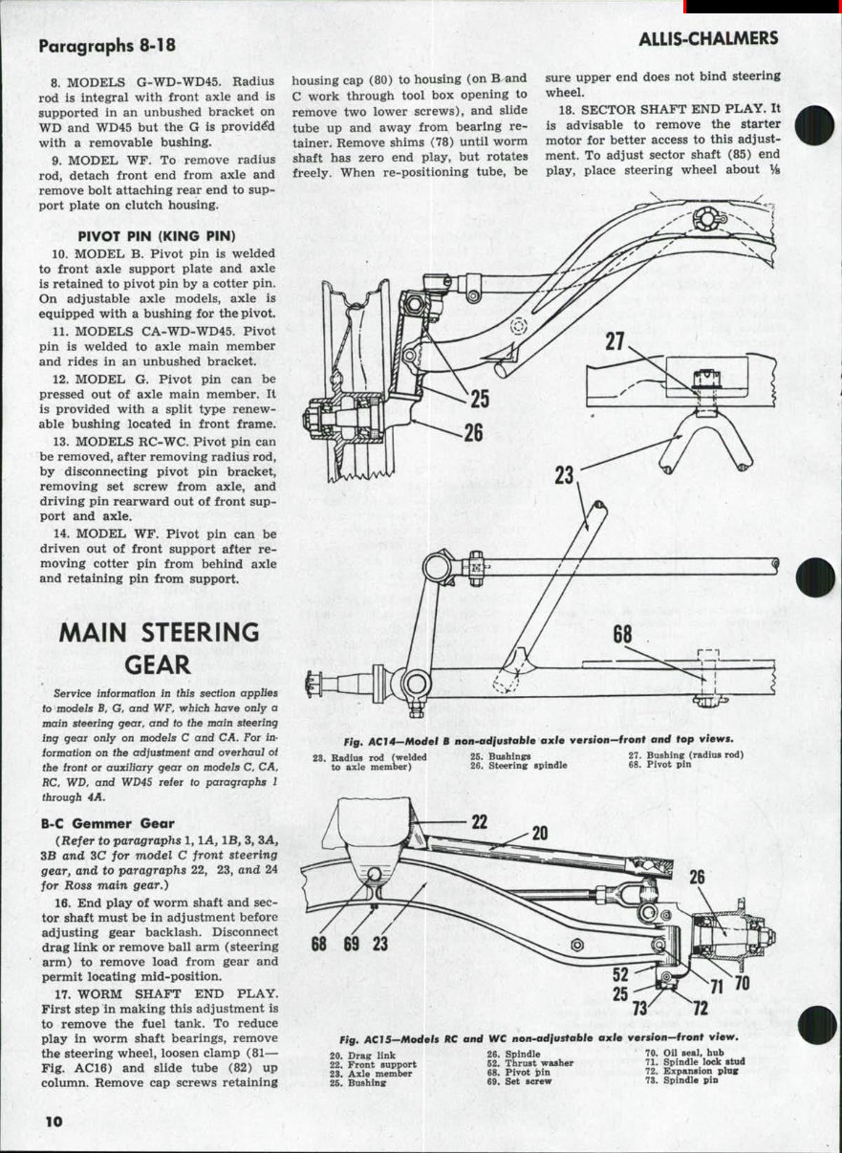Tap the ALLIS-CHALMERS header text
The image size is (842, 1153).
pos(708,38)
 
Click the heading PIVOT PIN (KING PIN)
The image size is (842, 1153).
pos(157,235)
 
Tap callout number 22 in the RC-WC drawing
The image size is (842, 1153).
pos(479,821)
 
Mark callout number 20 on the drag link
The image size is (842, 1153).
pos(539,833)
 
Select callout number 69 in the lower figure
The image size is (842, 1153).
pos(352,944)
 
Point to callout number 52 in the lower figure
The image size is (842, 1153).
pos(621,975)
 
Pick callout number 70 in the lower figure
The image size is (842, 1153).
pos(742,983)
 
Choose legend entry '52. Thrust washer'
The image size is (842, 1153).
pos(529,1063)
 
